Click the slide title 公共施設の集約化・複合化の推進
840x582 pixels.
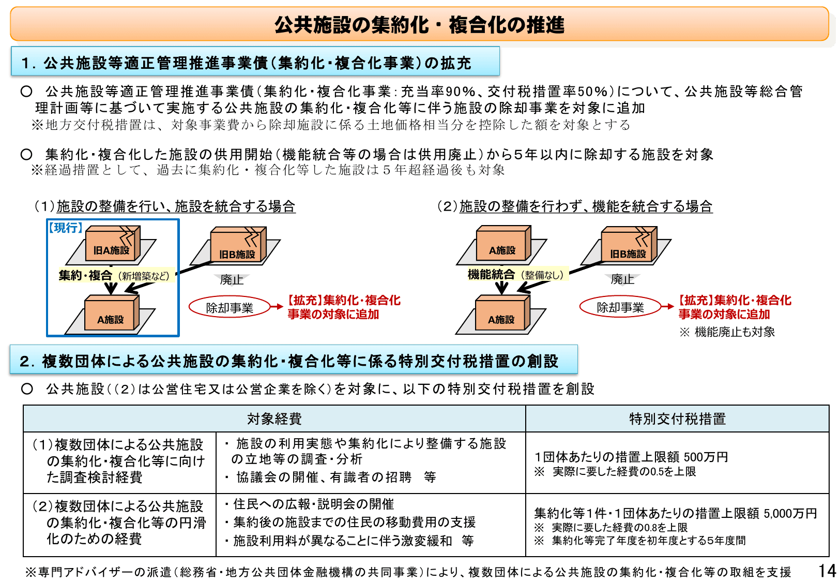tap(419, 24)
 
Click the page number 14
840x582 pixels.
tap(827, 571)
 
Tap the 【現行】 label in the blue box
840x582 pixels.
tap(66, 228)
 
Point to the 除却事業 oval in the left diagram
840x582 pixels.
tap(230, 308)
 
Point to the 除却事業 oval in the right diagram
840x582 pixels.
tap(620, 307)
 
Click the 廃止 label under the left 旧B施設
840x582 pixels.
tap(231, 280)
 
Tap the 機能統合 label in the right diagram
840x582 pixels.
tap(491, 275)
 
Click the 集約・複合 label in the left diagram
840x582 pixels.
tap(85, 275)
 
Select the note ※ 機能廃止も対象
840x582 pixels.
tap(727, 332)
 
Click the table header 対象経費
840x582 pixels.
tap(274, 419)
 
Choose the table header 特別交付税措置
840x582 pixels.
tap(677, 419)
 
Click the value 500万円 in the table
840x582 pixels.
tap(706, 457)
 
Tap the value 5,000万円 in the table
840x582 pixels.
tap(790, 513)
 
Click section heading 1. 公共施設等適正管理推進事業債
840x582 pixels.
tap(247, 63)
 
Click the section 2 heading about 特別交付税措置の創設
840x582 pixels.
tap(289, 361)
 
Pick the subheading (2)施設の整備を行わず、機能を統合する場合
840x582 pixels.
tap(575, 206)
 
